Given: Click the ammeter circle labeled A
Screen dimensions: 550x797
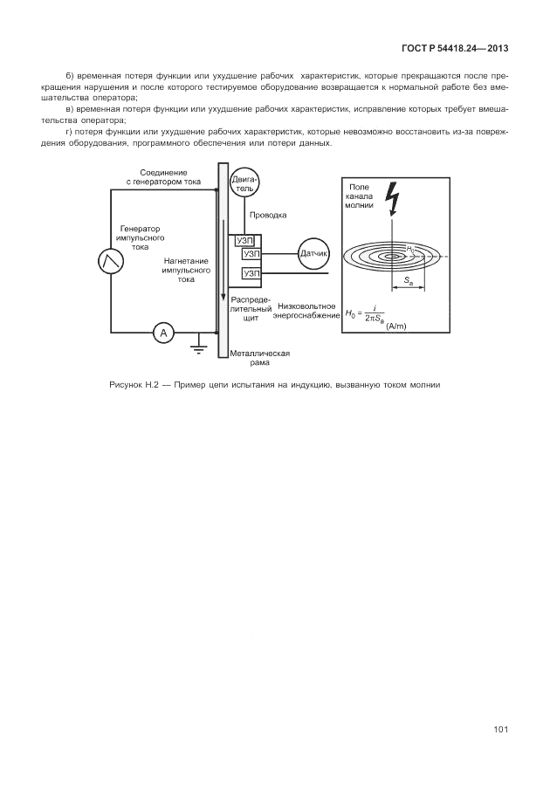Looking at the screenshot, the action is (163, 333).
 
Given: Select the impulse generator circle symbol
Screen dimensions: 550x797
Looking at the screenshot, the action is (111, 261).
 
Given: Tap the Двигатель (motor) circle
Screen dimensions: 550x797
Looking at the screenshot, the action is (244, 184).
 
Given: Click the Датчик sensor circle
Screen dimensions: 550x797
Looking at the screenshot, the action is (313, 253).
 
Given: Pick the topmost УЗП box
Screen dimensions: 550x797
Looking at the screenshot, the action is (245, 241).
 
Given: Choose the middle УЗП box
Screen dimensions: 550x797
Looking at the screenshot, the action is (251, 254).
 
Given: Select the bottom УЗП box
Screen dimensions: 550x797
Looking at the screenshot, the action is (251, 274).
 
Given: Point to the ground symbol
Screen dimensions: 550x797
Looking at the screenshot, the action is (198, 345).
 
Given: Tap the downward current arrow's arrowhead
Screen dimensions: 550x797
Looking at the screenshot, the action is (223, 296).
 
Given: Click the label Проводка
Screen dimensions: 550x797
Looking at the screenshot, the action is (268, 215).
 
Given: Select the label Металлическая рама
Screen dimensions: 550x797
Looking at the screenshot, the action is (260, 358).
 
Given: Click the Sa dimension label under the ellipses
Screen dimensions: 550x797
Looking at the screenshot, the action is (409, 280).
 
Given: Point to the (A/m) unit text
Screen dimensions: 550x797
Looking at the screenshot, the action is (396, 326).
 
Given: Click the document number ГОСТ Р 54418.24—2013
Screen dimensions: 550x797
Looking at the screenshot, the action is (455, 49).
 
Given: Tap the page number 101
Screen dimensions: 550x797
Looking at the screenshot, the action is (501, 730).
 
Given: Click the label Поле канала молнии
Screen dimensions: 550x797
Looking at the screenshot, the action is (359, 196).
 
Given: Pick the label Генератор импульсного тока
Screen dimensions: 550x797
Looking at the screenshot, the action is (141, 238).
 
